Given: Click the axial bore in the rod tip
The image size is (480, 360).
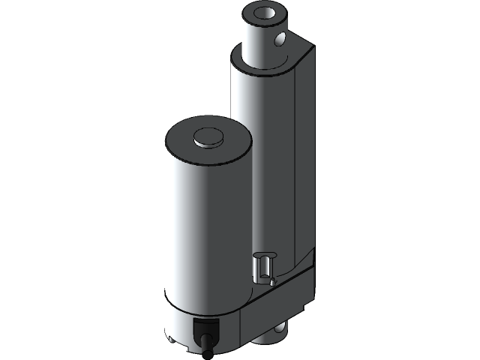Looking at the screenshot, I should (x=267, y=13).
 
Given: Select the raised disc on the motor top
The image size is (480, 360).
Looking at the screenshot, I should (x=209, y=137).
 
